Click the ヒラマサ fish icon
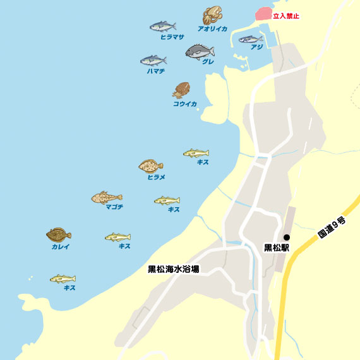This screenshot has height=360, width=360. [163, 27]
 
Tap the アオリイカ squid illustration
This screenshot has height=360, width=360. [212, 16]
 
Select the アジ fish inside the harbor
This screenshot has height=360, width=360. [251, 39]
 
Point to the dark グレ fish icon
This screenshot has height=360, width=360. [200, 52]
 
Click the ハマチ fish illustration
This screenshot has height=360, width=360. [153, 61]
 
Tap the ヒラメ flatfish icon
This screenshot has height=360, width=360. [151, 166]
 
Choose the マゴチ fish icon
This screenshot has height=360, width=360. [106, 198]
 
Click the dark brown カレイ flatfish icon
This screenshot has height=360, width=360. [58, 235]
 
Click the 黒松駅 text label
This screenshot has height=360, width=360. [276, 248]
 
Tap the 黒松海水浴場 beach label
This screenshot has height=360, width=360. [173, 269]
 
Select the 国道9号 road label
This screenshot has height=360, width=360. [332, 227]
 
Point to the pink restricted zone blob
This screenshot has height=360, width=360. [262, 13]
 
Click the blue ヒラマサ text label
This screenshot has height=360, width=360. [172, 37]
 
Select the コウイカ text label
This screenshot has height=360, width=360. [185, 104]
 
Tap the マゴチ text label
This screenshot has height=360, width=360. [114, 207]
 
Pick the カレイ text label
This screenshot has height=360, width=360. [61, 246]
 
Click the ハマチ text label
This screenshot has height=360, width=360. [155, 71]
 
